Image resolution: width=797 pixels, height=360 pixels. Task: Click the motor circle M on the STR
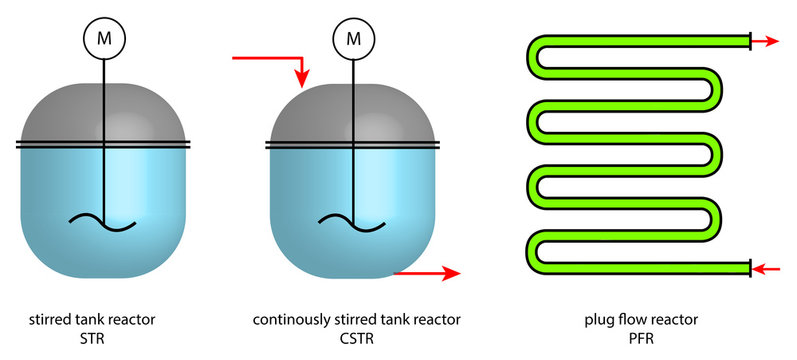tap(103, 39)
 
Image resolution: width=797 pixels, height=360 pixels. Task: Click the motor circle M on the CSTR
tap(352, 39)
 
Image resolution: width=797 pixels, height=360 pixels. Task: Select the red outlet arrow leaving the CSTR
tap(427, 271)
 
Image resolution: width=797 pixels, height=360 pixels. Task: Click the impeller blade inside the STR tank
tap(103, 221)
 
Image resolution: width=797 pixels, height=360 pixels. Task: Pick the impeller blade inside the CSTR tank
tap(352, 221)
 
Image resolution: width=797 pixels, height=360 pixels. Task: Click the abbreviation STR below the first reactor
tap(103, 339)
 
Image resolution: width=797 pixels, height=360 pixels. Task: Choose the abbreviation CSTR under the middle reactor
tap(357, 339)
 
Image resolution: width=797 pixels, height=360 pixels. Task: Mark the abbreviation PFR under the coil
tap(640, 339)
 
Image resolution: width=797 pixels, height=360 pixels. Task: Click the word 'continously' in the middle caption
tap(289, 320)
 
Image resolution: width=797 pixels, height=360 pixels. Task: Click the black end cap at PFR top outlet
tap(750, 41)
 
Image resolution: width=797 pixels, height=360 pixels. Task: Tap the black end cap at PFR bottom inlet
tap(750, 268)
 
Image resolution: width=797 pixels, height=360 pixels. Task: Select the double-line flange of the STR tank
tap(103, 146)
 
